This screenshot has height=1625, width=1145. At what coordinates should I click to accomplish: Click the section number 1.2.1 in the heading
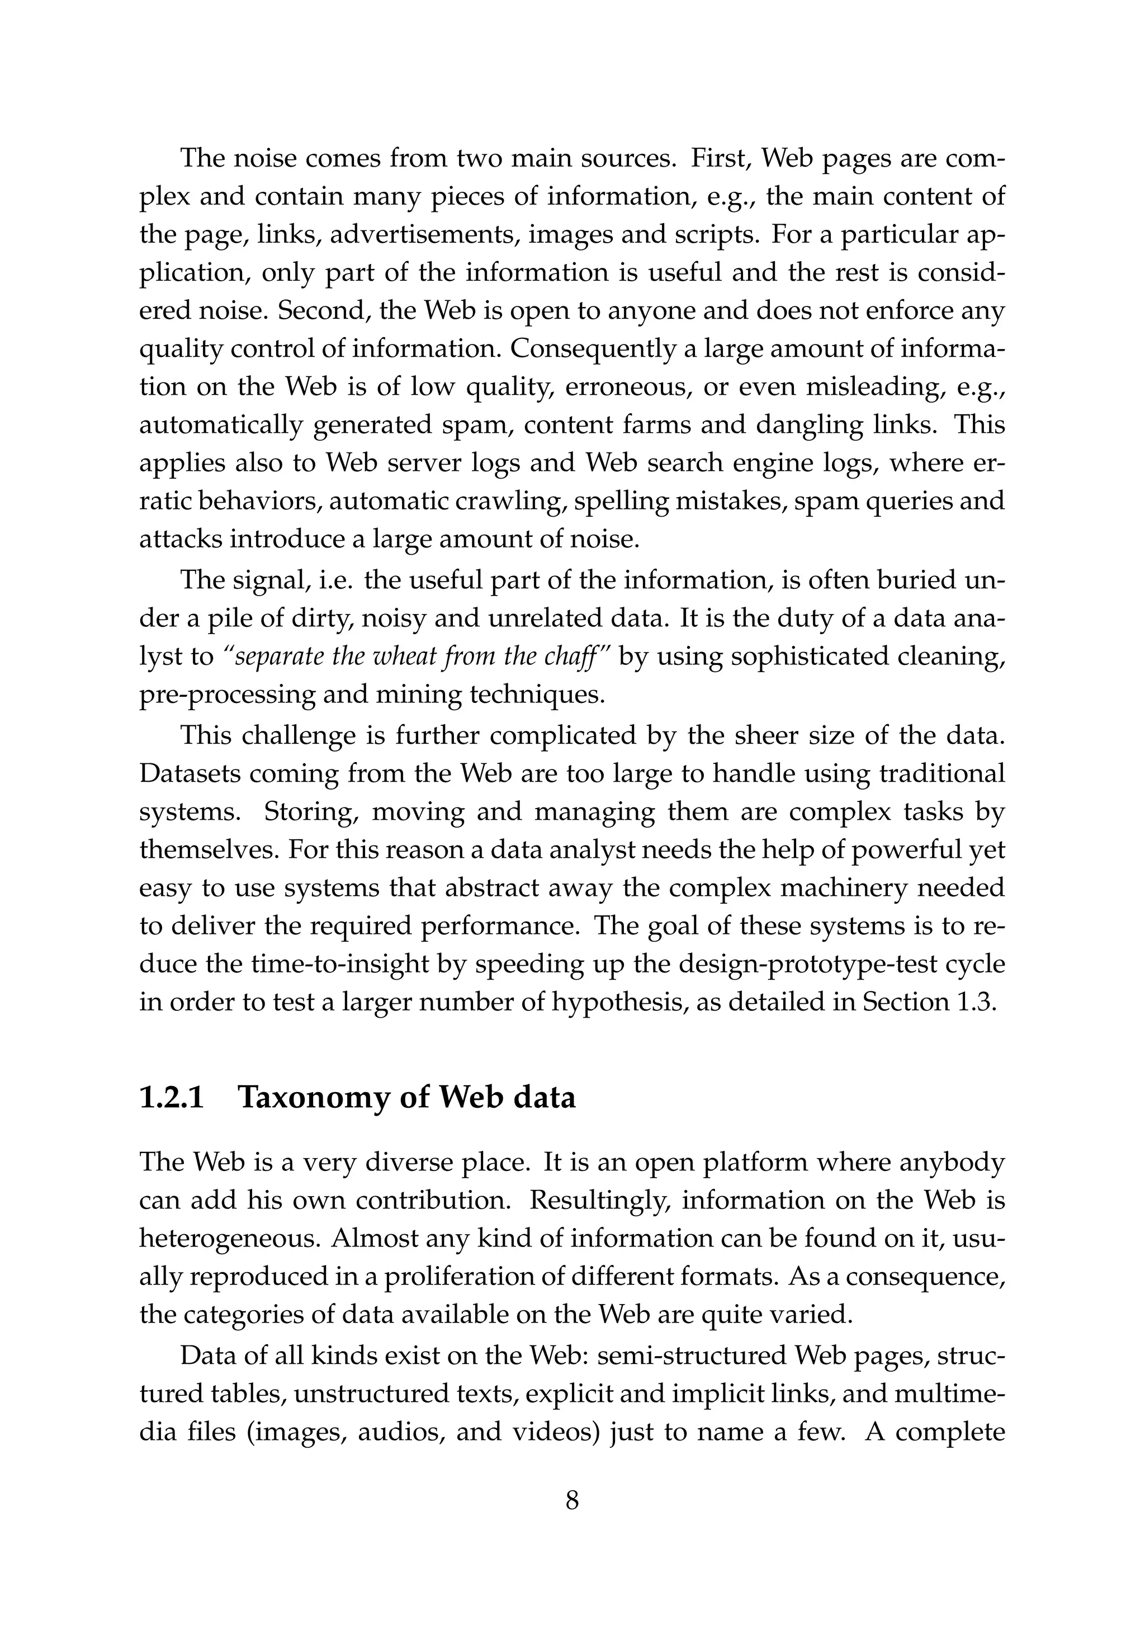tap(172, 1098)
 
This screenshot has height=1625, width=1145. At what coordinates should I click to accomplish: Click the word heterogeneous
tap(228, 1239)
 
